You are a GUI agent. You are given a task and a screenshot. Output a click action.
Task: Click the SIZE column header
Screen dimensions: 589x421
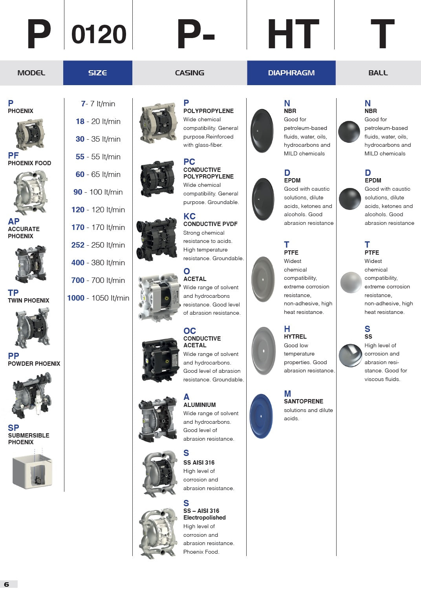97,73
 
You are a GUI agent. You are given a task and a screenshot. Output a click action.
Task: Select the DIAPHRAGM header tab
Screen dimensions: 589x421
291,73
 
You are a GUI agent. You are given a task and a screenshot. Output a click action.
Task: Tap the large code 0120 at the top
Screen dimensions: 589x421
99,35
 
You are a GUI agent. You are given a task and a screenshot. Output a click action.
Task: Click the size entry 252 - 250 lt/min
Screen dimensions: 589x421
98,245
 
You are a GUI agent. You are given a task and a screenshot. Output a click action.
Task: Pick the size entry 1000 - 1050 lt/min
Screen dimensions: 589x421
98,298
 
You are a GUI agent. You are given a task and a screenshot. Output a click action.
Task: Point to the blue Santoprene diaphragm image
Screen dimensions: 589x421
261,416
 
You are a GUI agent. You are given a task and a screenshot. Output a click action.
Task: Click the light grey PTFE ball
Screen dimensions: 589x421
351,282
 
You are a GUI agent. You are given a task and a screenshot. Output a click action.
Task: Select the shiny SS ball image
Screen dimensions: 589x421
350,356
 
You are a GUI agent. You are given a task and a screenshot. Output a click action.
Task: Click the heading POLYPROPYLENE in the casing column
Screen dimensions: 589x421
208,111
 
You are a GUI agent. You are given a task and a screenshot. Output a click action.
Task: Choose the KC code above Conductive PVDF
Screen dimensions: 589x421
189,216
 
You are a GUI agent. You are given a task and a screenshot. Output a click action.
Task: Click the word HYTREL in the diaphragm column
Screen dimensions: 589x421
295,337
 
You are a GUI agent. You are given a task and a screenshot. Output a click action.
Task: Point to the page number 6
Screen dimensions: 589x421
6,584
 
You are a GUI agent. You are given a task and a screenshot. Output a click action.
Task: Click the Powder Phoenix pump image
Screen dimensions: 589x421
31,396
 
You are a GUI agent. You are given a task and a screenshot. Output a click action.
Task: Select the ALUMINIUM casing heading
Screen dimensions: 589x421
200,405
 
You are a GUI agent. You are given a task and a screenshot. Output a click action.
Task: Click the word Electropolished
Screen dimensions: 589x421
204,518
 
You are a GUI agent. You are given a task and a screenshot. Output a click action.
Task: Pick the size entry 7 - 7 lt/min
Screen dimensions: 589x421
98,104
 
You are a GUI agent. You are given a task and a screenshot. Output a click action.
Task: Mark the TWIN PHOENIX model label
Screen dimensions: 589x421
29,301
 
